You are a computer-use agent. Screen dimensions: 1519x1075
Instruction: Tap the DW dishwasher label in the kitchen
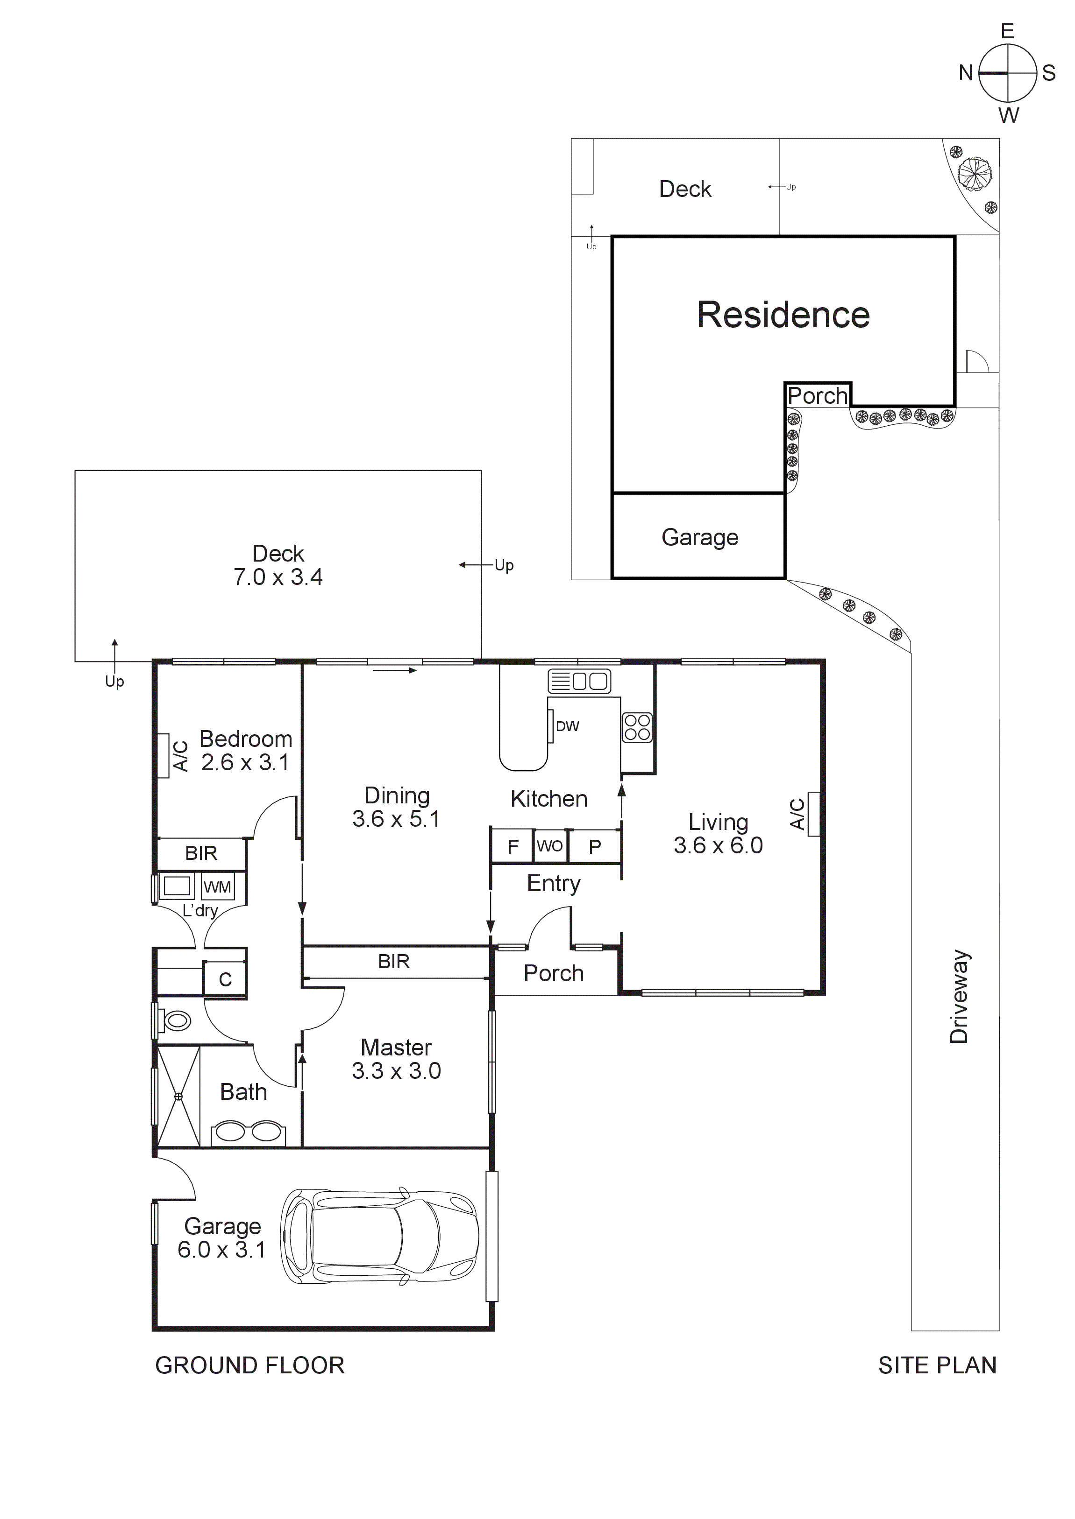[x=567, y=726]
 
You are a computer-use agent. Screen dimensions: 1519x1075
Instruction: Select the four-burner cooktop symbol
[x=637, y=727]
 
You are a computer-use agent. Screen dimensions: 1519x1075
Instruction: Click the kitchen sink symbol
[x=579, y=681]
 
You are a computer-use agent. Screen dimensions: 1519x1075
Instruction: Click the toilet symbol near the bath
[x=175, y=1021]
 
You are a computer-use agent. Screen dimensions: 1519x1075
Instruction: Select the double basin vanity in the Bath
[x=248, y=1132]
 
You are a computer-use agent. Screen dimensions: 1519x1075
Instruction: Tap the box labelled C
[x=225, y=980]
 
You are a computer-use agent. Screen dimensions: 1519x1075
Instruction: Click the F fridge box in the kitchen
[x=513, y=847]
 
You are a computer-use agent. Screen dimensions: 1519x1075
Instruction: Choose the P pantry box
[x=594, y=847]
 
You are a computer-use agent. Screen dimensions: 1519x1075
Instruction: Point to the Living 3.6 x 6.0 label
[x=718, y=834]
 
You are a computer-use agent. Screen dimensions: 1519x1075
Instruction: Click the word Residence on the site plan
[x=783, y=315]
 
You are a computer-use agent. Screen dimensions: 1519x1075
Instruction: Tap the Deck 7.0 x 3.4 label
[x=278, y=565]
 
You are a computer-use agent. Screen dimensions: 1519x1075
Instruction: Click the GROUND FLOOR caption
[x=249, y=1365]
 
